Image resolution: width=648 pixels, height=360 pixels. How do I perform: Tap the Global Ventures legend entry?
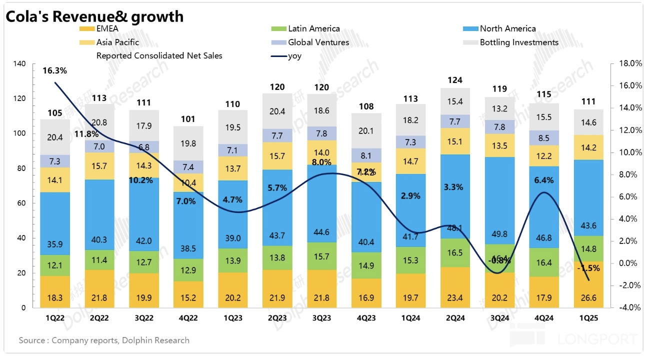pos(318,42)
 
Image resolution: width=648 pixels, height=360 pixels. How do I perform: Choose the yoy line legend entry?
pos(294,56)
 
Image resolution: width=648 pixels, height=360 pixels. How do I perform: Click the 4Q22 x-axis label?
pos(188,317)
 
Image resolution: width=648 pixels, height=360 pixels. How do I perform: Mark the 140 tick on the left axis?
pos(19,64)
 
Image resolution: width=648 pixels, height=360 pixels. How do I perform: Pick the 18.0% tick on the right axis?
pos(623,64)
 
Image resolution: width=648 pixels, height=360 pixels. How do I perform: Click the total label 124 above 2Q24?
pos(455,80)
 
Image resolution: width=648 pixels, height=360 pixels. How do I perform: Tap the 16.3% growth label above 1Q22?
pos(55,70)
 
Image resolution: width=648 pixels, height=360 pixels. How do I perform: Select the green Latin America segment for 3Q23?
pos(321,256)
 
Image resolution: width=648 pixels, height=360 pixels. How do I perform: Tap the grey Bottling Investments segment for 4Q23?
pos(366,130)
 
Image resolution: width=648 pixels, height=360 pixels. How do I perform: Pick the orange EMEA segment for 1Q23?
pos(232,290)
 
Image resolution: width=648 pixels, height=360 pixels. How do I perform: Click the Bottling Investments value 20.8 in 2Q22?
pos(99,122)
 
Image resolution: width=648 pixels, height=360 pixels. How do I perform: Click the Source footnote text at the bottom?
pos(104,340)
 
